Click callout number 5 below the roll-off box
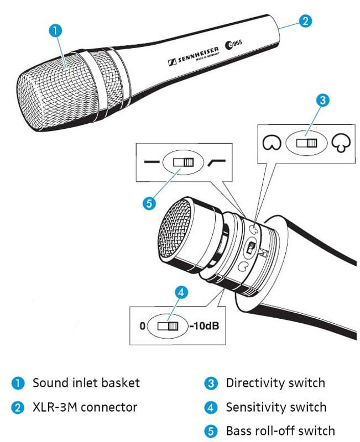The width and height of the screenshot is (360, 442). [x=148, y=203]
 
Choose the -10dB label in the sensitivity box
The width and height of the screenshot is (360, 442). [x=204, y=326]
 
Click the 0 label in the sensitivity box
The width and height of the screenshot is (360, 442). [x=142, y=326]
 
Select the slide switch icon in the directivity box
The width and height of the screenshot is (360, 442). [x=306, y=144]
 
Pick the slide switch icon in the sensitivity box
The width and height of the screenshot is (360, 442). [x=166, y=326]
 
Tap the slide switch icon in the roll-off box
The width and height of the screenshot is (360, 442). [x=182, y=162]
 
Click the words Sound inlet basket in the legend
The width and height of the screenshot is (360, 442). [x=86, y=382]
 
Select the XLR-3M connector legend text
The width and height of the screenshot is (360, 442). [x=85, y=408]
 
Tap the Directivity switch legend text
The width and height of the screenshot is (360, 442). [x=275, y=382]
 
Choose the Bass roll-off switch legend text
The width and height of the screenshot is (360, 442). [x=280, y=430]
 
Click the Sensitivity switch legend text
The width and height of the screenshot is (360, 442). [x=276, y=408]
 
